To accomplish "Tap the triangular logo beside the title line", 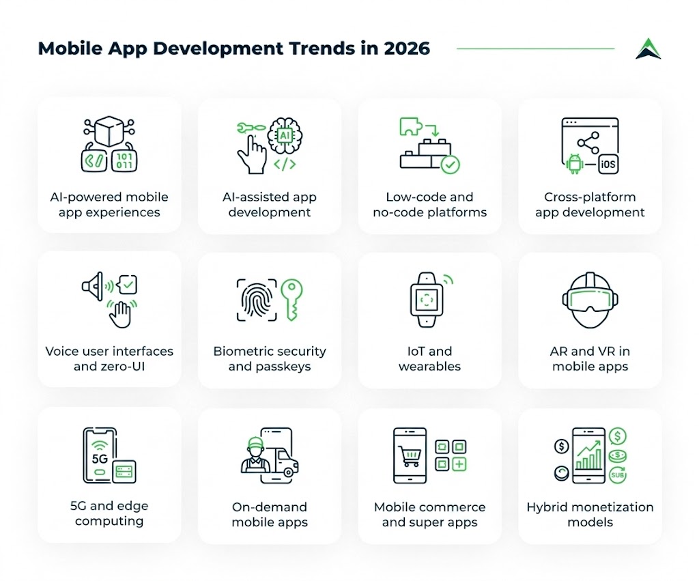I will tap(648, 48).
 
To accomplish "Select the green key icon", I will tap(293, 298).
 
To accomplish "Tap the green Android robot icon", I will tap(573, 164).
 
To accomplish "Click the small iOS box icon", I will tap(608, 165).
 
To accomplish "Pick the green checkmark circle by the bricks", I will tap(450, 165).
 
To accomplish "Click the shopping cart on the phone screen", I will tap(410, 455).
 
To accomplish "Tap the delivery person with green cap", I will tap(256, 456).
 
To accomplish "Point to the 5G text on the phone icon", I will tap(100, 458).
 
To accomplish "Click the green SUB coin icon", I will tap(617, 474).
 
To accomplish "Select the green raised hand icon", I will tap(122, 313).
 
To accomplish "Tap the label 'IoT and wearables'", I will tap(430, 358).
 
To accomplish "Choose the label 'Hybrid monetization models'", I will tap(590, 514).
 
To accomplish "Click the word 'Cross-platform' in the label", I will tap(590, 197).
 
